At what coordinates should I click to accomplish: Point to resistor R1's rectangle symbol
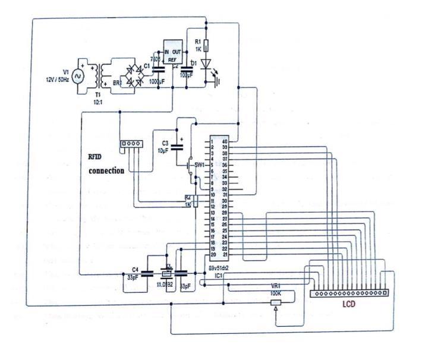[x=206, y=46]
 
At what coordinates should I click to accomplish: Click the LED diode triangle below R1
[x=206, y=63]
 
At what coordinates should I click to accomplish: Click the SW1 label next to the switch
[x=200, y=164]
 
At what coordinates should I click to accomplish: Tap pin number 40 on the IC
[x=226, y=141]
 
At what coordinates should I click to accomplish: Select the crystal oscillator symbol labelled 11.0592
[x=168, y=273]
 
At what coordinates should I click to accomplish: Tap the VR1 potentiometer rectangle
[x=275, y=302]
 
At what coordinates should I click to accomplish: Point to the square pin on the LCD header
[x=385, y=293]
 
